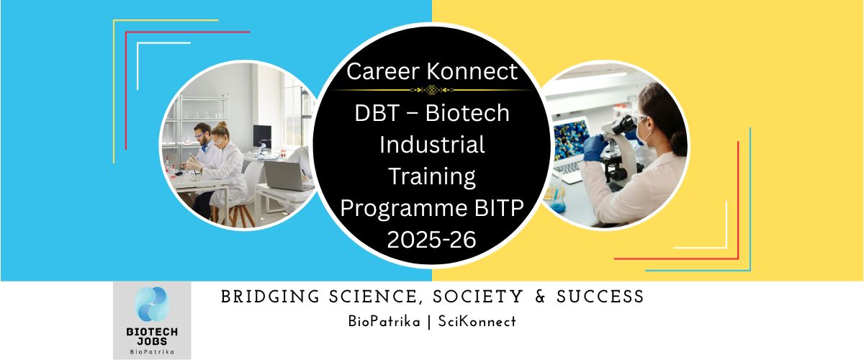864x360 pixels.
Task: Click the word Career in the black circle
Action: click(381, 71)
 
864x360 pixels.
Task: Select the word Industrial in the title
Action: click(432, 144)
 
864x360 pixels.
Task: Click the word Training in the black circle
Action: click(432, 176)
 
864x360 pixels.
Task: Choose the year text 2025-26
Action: click(432, 239)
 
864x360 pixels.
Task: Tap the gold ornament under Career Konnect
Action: click(432, 90)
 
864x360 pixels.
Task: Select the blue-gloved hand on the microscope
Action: click(595, 147)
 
